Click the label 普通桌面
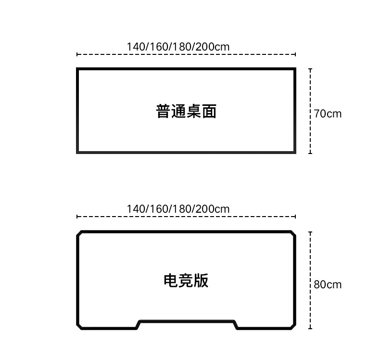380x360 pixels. tap(186, 111)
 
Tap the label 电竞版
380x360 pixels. tap(186, 281)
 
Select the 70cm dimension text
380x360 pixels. tap(328, 114)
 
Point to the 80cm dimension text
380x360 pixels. tap(328, 284)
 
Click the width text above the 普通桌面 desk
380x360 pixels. tap(178, 47)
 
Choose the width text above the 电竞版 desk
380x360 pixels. tap(178, 209)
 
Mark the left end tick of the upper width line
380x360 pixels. tap(77, 54)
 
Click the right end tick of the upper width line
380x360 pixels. tap(295, 54)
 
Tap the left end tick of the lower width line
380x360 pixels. tap(77, 217)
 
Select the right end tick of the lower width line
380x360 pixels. tap(295, 217)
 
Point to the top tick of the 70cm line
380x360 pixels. tap(310, 69)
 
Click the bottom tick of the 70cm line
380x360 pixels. tap(310, 153)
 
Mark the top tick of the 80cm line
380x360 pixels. tap(310, 232)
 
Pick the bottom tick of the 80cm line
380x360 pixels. tap(310, 329)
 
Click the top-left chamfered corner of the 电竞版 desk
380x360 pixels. tap(79, 233)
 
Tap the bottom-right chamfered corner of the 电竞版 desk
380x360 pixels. tap(293, 327)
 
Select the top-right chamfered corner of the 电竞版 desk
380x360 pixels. tap(293, 233)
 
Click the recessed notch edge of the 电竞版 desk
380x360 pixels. tap(187, 321)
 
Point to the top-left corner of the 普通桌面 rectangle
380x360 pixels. tap(77, 69)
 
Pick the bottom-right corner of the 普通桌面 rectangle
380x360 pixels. tap(295, 153)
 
